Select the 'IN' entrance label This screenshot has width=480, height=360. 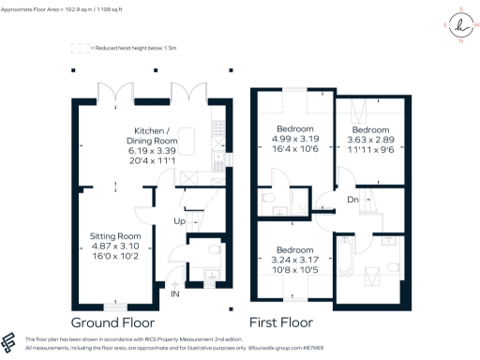[x=174, y=293]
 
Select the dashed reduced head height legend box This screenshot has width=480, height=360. [x=82, y=45]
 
